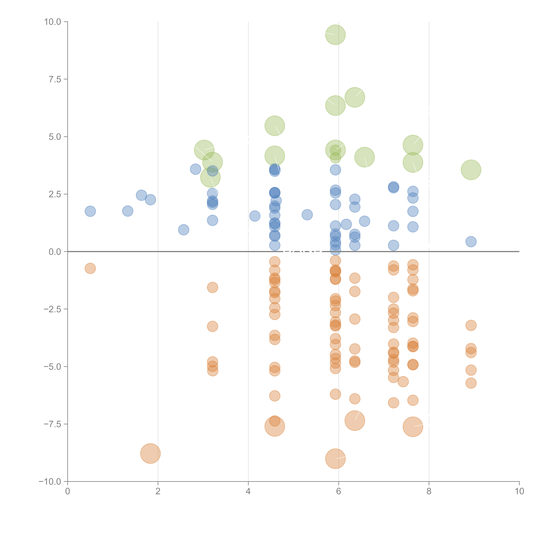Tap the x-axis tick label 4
click(248, 491)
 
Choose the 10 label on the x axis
click(519, 491)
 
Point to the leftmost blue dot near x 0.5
click(90, 211)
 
